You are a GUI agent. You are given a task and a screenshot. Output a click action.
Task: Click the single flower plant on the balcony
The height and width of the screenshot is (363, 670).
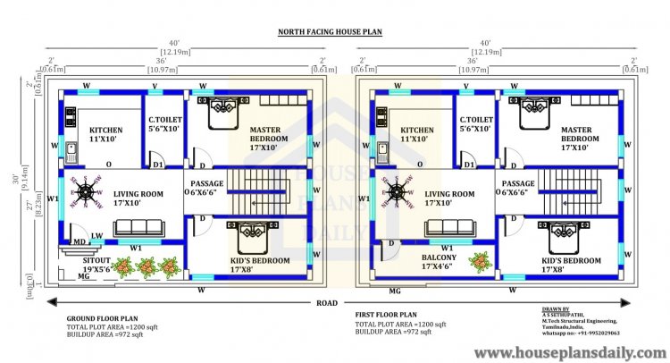pyautogui.click(x=481, y=261)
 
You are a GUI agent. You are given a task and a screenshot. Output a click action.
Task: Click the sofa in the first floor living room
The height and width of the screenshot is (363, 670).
pyautogui.click(x=436, y=226)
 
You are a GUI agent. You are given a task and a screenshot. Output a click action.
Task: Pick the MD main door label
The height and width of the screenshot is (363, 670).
pyautogui.click(x=79, y=241)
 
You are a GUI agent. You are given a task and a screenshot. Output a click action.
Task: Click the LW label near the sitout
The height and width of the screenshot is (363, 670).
pyautogui.click(x=96, y=235)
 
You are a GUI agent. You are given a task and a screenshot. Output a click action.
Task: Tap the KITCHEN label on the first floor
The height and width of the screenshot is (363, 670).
pyautogui.click(x=417, y=130)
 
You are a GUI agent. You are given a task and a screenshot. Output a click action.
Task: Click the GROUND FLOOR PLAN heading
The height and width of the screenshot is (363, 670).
pyautogui.click(x=103, y=317)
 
